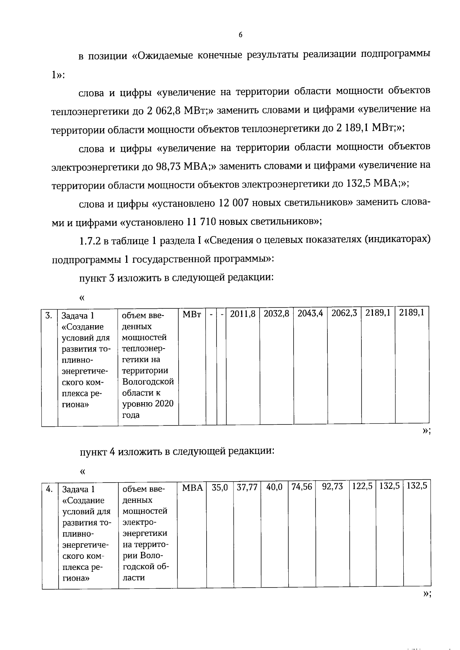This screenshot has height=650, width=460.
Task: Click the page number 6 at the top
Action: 240,35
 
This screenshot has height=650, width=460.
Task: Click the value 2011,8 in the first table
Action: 243,313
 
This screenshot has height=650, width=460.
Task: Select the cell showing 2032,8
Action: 276,313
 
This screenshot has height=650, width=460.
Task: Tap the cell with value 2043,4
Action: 310,313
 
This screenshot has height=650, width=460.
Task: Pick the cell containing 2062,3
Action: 344,313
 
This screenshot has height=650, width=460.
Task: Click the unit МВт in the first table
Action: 192,314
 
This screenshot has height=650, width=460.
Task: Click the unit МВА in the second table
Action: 192,488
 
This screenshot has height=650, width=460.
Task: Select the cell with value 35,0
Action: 220,488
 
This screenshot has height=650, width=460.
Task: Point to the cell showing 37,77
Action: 247,488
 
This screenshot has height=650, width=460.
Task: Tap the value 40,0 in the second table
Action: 274,487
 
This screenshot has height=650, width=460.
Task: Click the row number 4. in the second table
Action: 49,489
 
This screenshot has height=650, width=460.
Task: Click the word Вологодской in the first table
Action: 148,382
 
